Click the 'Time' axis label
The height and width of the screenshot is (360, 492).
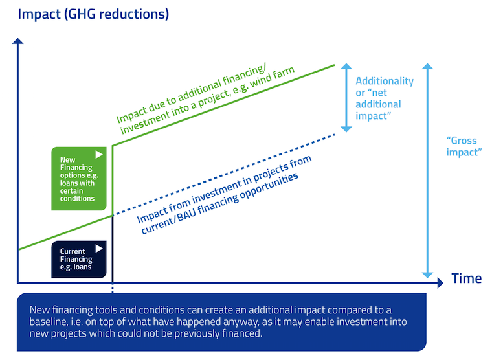466,278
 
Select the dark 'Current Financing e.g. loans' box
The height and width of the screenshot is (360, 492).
78,259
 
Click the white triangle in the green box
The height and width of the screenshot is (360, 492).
99,155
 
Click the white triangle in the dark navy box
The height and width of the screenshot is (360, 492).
99,248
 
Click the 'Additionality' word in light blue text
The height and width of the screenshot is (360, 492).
385,81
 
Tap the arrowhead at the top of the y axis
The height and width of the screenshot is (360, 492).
19,42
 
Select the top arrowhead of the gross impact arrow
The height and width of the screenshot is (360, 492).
426,66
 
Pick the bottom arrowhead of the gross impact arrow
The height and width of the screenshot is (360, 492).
426,274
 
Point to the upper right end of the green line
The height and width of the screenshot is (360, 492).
334,65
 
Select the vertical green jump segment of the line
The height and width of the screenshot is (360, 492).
113,178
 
